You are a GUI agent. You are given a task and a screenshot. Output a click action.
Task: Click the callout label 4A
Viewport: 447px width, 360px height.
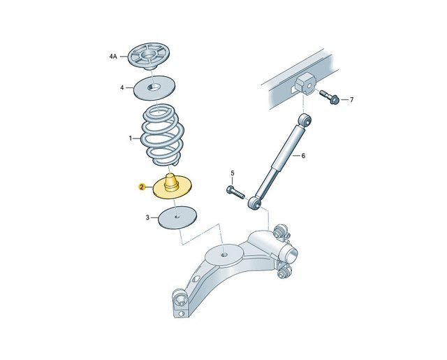113,57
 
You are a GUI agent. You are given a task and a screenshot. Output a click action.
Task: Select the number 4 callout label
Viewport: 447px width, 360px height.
122,88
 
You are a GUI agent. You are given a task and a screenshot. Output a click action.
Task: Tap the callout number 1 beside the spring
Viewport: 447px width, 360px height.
131,138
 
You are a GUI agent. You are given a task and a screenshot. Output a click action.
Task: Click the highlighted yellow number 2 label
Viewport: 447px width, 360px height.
141,187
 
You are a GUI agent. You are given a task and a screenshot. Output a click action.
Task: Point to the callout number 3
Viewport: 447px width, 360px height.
147,217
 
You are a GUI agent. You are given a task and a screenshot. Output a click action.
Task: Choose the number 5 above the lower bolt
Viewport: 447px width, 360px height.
233,173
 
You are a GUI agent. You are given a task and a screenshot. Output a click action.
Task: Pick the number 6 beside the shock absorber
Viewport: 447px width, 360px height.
303,156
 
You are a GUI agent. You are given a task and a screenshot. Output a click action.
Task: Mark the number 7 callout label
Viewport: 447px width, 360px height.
352,100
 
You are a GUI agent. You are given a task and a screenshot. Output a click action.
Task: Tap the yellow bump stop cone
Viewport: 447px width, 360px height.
171,182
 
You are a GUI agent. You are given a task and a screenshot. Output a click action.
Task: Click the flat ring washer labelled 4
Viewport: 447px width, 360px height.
154,88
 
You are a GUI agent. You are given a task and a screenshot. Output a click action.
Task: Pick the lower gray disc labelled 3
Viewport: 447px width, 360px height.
178,217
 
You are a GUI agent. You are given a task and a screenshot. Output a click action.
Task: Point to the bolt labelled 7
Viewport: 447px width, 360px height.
329,97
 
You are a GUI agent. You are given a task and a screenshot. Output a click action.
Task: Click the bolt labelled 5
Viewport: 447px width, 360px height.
236,192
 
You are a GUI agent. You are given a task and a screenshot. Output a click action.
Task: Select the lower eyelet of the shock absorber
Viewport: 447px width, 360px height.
254,203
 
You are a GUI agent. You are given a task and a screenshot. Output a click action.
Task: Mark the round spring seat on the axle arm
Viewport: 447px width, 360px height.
224,254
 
